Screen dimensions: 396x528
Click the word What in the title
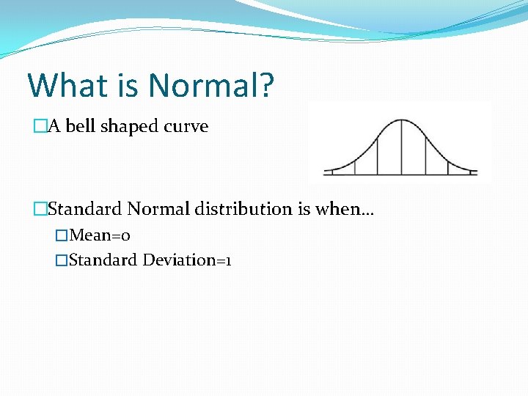[x=68, y=85]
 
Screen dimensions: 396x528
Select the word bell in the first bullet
[x=81, y=126]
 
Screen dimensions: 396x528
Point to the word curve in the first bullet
[x=186, y=126]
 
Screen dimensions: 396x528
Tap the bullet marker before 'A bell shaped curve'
[x=40, y=127]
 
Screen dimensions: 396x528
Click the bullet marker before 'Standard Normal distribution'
[x=40, y=209]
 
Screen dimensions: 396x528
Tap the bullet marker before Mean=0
[x=62, y=236]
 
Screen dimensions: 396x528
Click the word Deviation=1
[x=187, y=260]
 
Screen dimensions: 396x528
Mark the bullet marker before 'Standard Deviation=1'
[x=62, y=260]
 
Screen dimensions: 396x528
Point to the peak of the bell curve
[x=401, y=120]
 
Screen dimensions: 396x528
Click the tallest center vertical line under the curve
[x=401, y=147]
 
